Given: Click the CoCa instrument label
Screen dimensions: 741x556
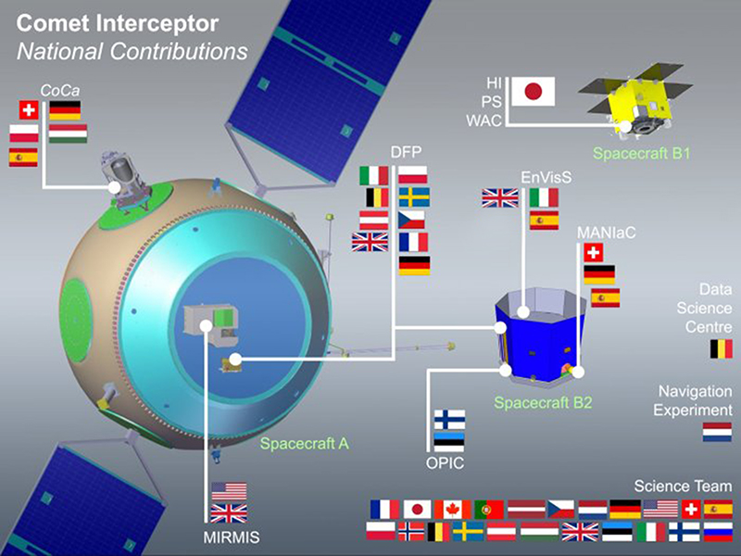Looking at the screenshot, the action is click(59, 90).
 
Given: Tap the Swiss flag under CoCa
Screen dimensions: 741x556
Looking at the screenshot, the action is click(29, 110).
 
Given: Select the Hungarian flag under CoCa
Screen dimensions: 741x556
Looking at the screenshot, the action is click(68, 133).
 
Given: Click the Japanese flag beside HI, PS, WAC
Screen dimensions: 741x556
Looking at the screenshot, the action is click(534, 91).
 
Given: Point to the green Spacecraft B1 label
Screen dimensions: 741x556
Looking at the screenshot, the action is click(641, 153).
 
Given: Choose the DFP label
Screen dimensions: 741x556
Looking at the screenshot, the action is click(406, 152).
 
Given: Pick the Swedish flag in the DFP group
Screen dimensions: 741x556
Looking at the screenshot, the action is click(413, 197).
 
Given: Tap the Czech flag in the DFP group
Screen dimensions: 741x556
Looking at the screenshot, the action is click(411, 220).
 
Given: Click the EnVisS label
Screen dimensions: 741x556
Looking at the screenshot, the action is click(546, 177).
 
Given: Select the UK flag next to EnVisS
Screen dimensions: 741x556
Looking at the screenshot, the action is click(500, 197).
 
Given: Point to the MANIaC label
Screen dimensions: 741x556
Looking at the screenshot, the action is click(607, 233).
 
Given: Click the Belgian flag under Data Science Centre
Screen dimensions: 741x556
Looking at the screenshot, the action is click(722, 349).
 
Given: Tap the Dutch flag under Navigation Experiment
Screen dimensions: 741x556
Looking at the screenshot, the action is click(717, 432).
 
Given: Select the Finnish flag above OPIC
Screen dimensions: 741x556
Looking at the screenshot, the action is click(449, 420).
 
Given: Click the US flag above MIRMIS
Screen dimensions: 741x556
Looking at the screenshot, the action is click(229, 491).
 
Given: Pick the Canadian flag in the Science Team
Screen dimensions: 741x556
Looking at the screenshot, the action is click(453, 510).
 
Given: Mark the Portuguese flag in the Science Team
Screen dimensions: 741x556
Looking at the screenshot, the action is click(489, 510).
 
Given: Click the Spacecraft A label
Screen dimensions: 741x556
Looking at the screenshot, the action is click(305, 444).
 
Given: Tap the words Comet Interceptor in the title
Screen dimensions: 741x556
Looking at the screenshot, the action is click(118, 24).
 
